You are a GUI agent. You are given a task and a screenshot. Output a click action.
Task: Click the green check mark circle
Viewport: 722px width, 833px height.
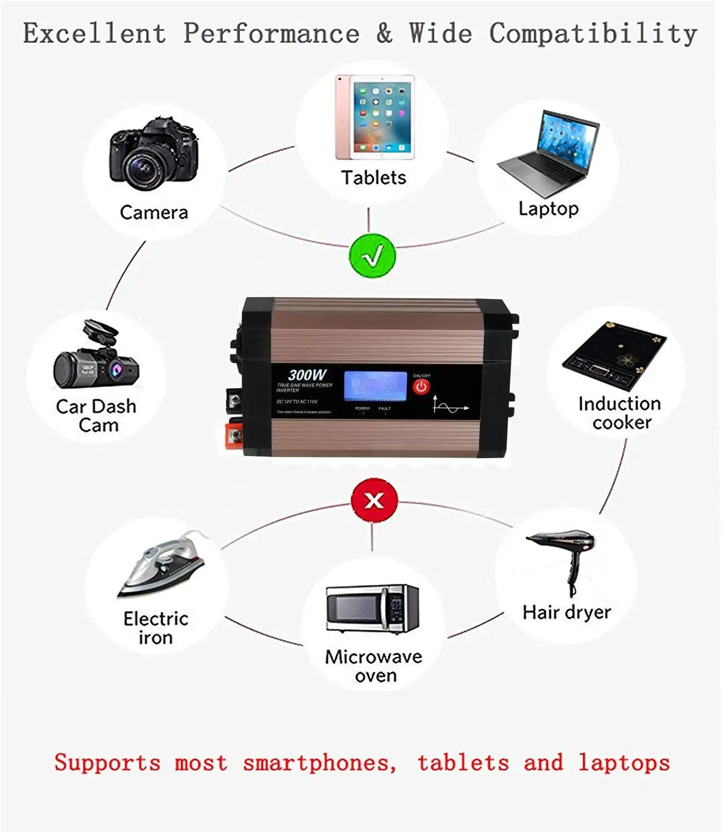372,256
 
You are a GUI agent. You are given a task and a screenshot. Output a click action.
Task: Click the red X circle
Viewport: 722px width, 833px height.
374,500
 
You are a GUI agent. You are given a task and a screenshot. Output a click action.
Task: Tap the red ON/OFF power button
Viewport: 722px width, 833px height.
421,387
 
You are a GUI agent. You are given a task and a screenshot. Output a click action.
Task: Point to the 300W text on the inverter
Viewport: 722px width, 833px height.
307,375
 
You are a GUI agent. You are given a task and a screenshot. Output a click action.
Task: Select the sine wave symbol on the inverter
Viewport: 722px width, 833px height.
450,406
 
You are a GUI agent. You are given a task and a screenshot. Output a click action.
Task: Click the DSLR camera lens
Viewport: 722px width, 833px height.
146,168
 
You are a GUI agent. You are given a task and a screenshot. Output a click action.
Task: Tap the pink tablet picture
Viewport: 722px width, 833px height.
375,117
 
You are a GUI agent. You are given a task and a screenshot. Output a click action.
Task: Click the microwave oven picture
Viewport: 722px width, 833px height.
372,608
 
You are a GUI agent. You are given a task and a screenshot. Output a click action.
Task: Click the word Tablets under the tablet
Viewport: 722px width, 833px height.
373,178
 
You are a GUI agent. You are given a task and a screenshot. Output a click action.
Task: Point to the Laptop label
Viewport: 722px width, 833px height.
548,209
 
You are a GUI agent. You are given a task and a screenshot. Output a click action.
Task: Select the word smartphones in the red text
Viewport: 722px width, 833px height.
319,762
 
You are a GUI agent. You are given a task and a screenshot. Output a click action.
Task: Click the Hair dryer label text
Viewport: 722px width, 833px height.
566,612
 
